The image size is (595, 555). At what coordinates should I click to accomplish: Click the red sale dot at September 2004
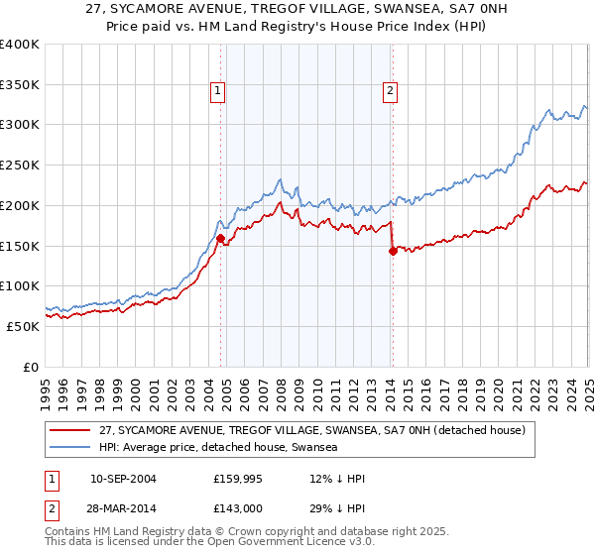tap(220, 238)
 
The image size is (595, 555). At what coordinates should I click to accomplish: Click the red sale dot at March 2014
tap(393, 252)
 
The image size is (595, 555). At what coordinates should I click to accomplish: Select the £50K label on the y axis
tap(23, 326)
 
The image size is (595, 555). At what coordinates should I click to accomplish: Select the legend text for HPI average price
tap(218, 448)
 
